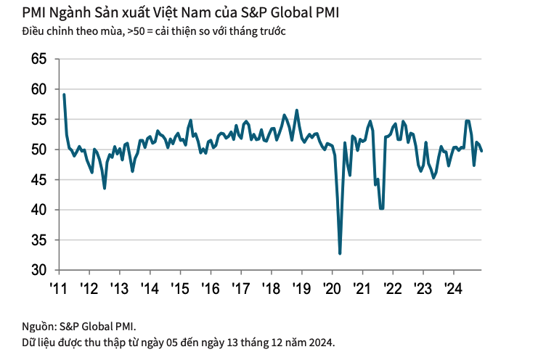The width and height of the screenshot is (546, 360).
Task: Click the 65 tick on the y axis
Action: point(39,59)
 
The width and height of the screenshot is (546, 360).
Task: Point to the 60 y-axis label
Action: point(39,89)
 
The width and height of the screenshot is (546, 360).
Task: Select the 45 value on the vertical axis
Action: point(39,179)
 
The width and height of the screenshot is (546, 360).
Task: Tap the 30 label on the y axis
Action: point(39,270)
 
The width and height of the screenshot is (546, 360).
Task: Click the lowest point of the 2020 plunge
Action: point(340,253)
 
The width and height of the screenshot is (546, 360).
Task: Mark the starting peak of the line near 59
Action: point(64,94)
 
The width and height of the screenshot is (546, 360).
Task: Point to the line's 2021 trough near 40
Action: point(382,208)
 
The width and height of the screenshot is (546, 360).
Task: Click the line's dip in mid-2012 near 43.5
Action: point(105,188)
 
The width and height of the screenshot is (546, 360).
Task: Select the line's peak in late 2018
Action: point(296,110)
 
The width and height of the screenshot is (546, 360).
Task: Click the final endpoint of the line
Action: point(483,150)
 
